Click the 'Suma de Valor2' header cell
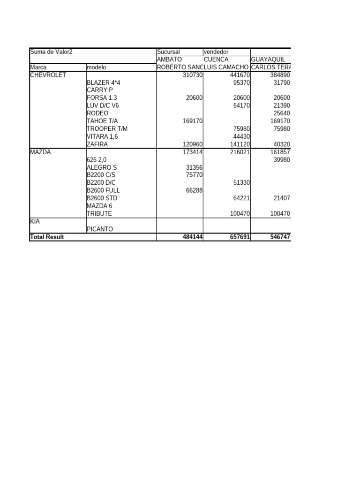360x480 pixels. [51, 52]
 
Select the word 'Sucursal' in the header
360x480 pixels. [169, 52]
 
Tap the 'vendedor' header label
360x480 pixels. [217, 52]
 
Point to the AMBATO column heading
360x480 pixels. [169, 60]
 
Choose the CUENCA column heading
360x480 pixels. [216, 60]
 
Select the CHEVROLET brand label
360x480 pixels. [48, 75]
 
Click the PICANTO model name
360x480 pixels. [100, 229]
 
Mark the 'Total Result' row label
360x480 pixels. [47, 237]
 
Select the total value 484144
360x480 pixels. [193, 237]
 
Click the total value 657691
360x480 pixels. [239, 237]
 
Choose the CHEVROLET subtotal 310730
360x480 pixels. [193, 75]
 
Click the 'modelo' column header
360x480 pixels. [97, 67]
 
